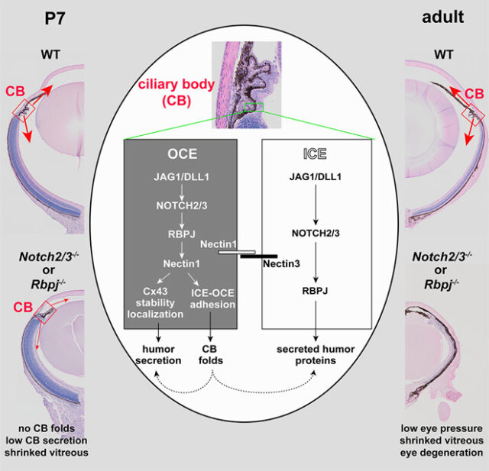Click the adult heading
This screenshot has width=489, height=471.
coord(442,15)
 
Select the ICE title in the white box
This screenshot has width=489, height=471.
coord(314,154)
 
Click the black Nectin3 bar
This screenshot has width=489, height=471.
coord(257,255)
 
